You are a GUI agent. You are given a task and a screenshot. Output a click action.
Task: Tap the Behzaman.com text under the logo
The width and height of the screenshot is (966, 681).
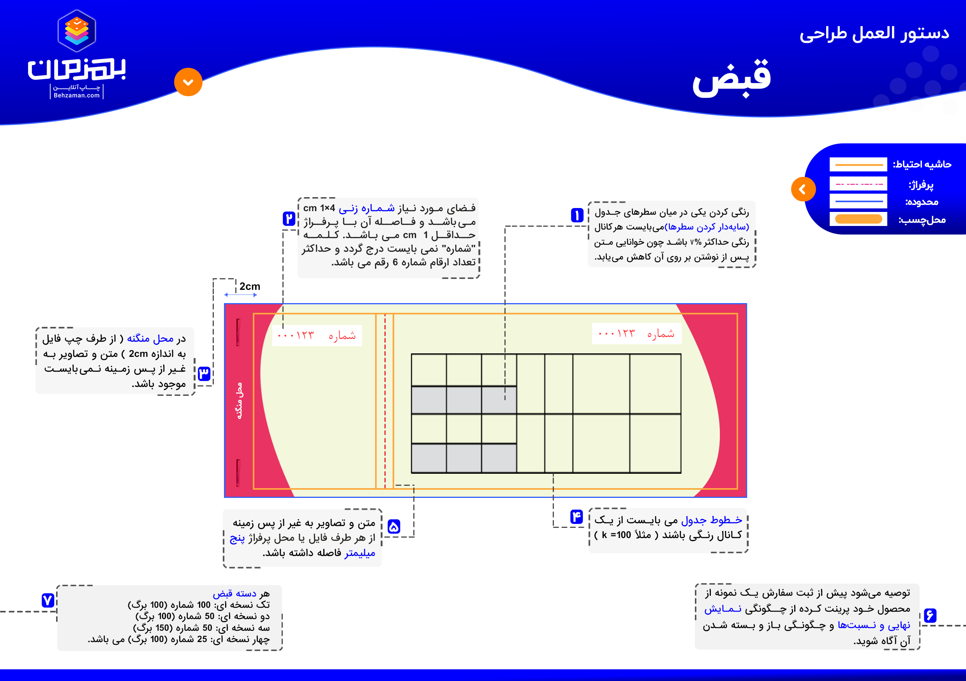pos(77,95)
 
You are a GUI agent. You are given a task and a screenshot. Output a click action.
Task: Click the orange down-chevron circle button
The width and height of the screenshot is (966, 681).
pos(188,82)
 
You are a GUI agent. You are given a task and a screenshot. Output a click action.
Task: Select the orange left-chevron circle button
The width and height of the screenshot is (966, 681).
pos(803,189)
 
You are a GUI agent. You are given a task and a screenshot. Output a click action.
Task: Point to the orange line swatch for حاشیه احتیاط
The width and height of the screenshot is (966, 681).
pos(858,164)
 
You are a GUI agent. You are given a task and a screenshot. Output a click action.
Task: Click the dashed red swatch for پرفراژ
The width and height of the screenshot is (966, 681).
pos(858,184)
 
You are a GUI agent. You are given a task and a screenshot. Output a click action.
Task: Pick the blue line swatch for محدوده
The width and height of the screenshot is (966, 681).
pos(858,201)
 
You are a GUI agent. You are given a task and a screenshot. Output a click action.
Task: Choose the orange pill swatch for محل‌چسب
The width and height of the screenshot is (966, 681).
pos(858,219)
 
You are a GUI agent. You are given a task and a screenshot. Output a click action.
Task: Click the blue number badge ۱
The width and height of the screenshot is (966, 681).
pos(577,215)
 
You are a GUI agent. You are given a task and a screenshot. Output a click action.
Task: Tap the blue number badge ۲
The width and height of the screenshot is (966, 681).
pos(289,219)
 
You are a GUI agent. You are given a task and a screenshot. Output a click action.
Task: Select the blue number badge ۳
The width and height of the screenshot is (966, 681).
pos(204,373)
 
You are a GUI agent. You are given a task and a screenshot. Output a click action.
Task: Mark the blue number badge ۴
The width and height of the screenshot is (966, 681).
pos(576,517)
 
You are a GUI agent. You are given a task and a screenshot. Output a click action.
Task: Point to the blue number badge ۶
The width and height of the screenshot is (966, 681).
pos(930,615)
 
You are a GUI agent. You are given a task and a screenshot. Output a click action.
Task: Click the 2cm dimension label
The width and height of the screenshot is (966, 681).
pos(250,287)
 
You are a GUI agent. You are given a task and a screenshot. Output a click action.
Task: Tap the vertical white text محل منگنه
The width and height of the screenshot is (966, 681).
pos(239,400)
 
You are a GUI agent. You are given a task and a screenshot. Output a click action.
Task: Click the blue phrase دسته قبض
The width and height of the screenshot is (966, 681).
pos(234,593)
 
